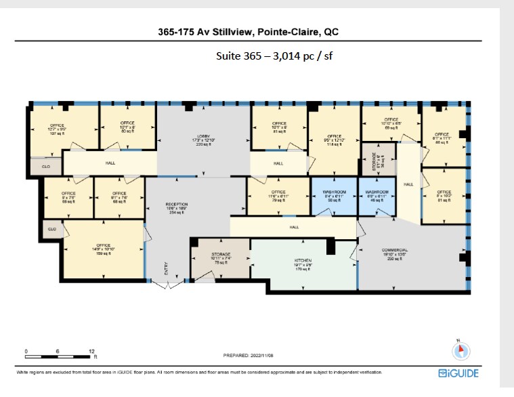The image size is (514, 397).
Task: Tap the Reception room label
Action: (176, 208)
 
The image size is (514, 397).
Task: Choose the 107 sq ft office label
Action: (57, 129)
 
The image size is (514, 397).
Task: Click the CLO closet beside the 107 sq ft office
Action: (46, 166)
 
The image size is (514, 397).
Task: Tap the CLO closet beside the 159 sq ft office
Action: (51, 230)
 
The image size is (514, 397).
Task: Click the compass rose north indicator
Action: (461, 350)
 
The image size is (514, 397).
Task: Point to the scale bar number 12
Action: (91, 350)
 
